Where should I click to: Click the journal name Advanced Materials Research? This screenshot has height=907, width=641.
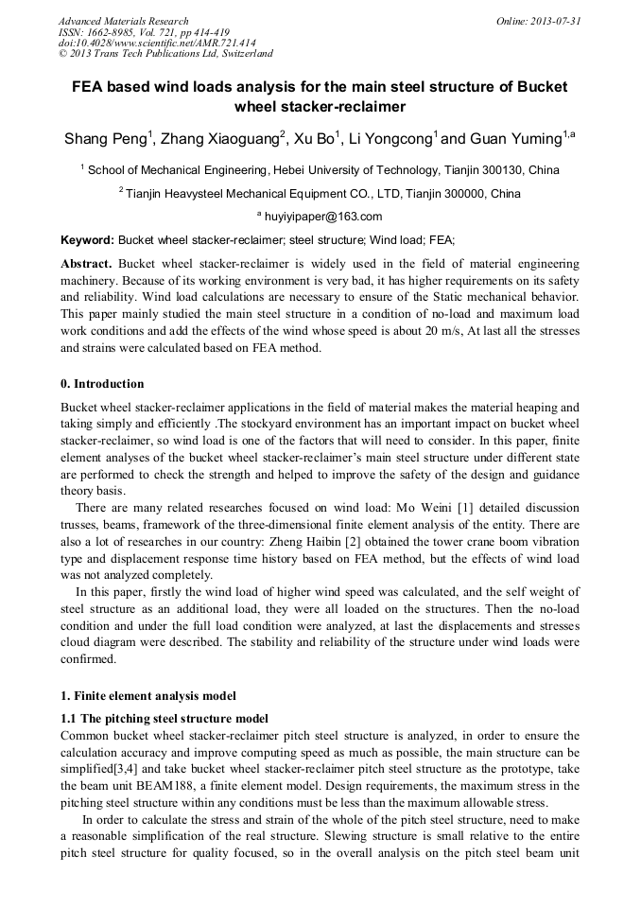[124, 21]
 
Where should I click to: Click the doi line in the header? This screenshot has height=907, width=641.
[157, 44]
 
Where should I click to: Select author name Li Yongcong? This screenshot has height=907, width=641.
[390, 140]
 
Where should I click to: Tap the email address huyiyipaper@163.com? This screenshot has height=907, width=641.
[322, 217]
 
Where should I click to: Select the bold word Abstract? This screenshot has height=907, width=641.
[88, 264]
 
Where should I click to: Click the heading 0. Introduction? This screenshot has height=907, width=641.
[102, 384]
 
